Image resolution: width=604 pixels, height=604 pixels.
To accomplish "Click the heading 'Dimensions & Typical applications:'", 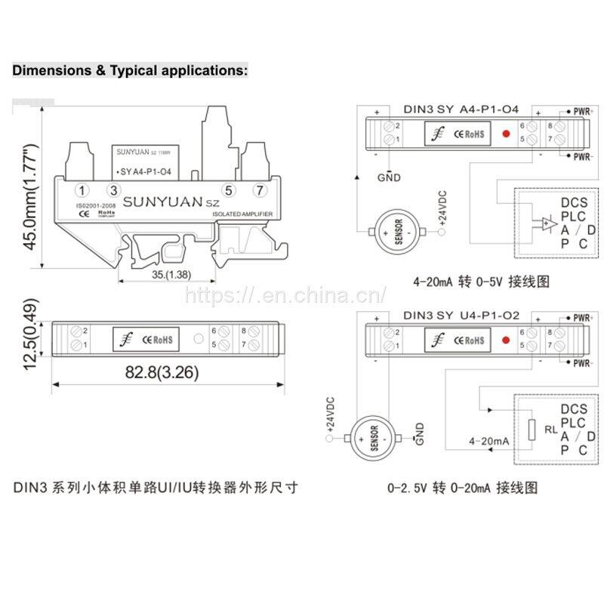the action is (129, 71).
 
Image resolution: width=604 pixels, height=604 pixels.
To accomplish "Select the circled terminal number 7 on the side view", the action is (260, 190).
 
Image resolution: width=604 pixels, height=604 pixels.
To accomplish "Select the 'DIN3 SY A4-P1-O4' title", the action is (461, 109).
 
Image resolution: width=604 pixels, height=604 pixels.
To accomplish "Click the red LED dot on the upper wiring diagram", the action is (506, 134).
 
